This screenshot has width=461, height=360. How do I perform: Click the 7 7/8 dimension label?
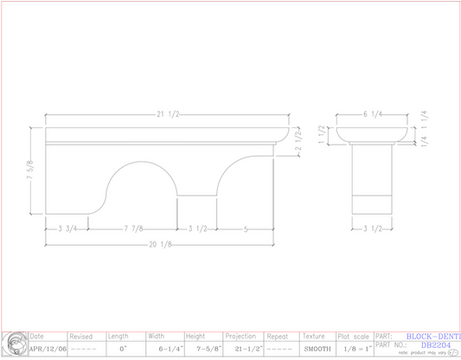[x=134, y=228]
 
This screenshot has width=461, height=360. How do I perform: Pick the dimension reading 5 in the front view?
[x=246, y=228]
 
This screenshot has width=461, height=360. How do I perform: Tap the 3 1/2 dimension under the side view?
[x=372, y=228]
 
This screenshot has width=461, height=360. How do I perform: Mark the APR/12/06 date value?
[x=47, y=349]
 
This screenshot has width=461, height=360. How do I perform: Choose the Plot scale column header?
[x=353, y=336]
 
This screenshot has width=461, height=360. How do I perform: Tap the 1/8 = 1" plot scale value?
[x=353, y=349]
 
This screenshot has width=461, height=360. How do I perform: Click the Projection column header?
[x=240, y=336]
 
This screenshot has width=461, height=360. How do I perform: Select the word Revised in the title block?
[x=81, y=336]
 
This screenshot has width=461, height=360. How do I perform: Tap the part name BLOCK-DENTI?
[x=432, y=336]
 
